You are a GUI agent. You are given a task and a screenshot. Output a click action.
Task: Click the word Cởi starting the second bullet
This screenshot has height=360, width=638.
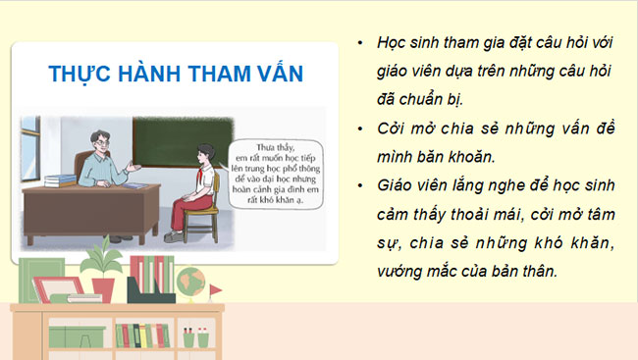(x=392, y=128)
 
